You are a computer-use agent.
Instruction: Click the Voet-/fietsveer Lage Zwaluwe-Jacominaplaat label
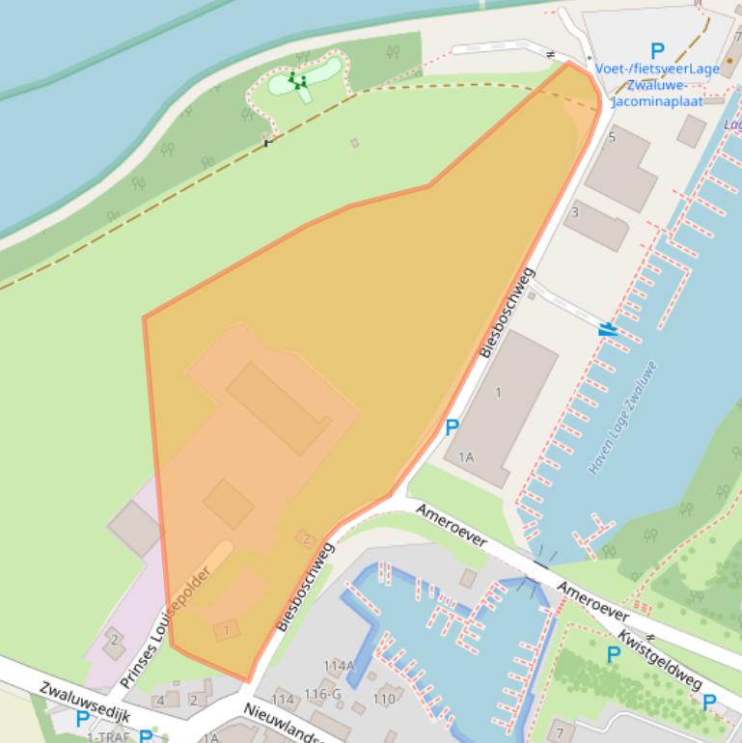click(657, 84)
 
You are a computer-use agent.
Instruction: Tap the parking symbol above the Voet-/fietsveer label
click(657, 51)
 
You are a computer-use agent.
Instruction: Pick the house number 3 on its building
click(575, 211)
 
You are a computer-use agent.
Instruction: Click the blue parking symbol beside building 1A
click(451, 427)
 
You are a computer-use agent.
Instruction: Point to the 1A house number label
click(466, 456)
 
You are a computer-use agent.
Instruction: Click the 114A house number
click(339, 666)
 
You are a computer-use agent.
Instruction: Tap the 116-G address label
click(322, 695)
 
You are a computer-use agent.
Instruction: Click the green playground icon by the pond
click(299, 83)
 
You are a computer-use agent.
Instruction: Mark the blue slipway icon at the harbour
click(608, 329)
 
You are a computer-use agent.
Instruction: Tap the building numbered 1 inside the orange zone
click(226, 630)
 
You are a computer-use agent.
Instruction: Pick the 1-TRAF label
click(107, 737)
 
